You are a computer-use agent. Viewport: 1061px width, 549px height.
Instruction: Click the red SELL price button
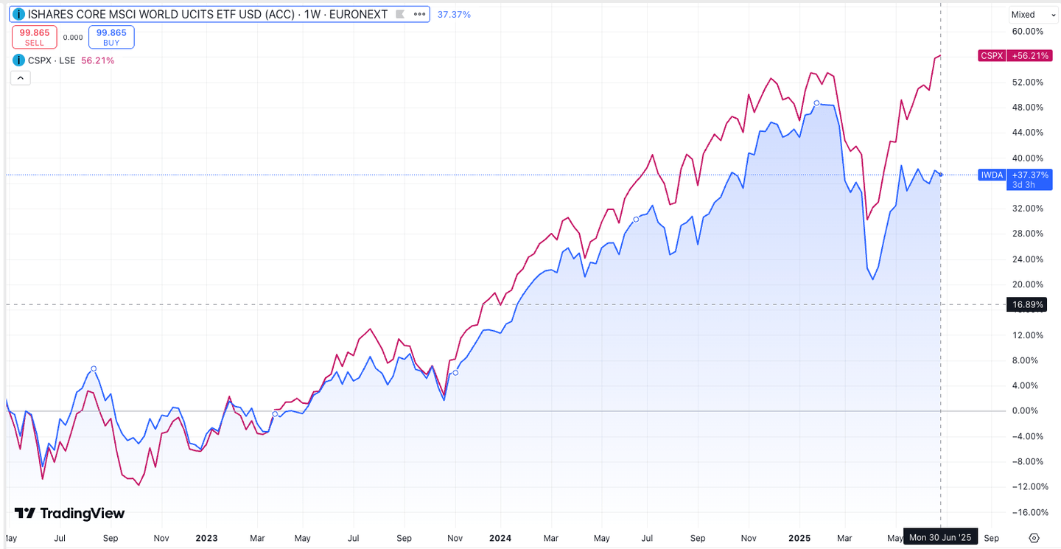35,38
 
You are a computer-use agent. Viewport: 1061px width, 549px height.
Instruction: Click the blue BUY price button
111,38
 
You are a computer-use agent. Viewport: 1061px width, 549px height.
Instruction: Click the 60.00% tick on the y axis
1029,32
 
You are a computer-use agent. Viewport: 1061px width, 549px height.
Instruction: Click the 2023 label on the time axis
207,538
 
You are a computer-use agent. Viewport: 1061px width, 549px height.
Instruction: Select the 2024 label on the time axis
500,538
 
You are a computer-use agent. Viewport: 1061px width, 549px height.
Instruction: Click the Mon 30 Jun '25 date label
942,538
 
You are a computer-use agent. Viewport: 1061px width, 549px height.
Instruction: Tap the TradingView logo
70,514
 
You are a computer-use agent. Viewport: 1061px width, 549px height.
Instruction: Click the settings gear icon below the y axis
1034,538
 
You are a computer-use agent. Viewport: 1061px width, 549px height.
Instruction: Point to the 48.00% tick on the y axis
1029,108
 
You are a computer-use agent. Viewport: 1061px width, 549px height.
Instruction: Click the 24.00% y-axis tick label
1029,259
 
